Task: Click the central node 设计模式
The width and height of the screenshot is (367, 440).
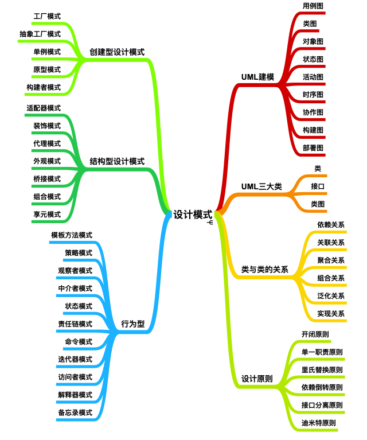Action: [193, 215]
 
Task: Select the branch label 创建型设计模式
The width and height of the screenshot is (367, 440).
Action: [117, 52]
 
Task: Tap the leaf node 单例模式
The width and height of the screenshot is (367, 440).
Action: [47, 52]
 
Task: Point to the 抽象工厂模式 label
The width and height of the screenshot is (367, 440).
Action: [40, 34]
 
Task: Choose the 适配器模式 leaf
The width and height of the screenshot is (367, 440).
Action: [44, 108]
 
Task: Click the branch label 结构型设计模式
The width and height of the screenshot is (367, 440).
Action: [117, 161]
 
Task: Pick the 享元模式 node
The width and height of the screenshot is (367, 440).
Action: [47, 215]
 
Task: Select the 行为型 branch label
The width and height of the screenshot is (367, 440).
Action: [132, 324]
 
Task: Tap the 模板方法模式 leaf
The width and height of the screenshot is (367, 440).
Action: [72, 235]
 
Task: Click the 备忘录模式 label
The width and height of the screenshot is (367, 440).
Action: [75, 412]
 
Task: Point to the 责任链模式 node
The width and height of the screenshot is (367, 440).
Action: [75, 324]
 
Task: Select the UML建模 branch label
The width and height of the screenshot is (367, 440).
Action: [258, 77]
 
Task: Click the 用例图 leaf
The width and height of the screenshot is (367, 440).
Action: [313, 6]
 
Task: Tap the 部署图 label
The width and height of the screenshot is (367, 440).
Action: [313, 147]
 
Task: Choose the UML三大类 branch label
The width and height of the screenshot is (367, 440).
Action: [261, 186]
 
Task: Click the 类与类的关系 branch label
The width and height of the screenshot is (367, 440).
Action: [264, 269]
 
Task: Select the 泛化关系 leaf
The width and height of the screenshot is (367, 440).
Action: [331, 296]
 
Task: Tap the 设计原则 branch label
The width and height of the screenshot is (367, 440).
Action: [257, 379]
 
